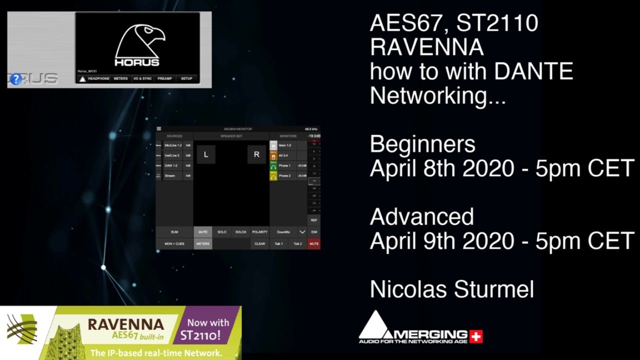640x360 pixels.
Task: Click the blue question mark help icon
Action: [x=16, y=79]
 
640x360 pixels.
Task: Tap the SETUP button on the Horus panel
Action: [x=186, y=78]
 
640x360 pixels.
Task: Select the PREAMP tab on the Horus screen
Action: [x=164, y=78]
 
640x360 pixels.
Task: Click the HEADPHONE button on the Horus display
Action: [x=98, y=78]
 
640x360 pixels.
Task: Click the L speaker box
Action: [x=206, y=154]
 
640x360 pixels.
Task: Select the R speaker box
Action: [x=256, y=154]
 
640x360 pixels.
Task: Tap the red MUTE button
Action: [x=314, y=244]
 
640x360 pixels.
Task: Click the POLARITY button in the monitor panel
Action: [x=259, y=232]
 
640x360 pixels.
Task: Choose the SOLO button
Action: [x=222, y=232]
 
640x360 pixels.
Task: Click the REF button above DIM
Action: [x=314, y=220]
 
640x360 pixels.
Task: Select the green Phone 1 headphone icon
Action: [x=273, y=165]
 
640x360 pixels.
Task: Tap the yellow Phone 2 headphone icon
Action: [x=273, y=176]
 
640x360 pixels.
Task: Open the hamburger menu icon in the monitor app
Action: [x=159, y=129]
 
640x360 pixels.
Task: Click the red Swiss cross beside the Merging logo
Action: [x=476, y=337]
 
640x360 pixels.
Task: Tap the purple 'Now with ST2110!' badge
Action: [x=208, y=329]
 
